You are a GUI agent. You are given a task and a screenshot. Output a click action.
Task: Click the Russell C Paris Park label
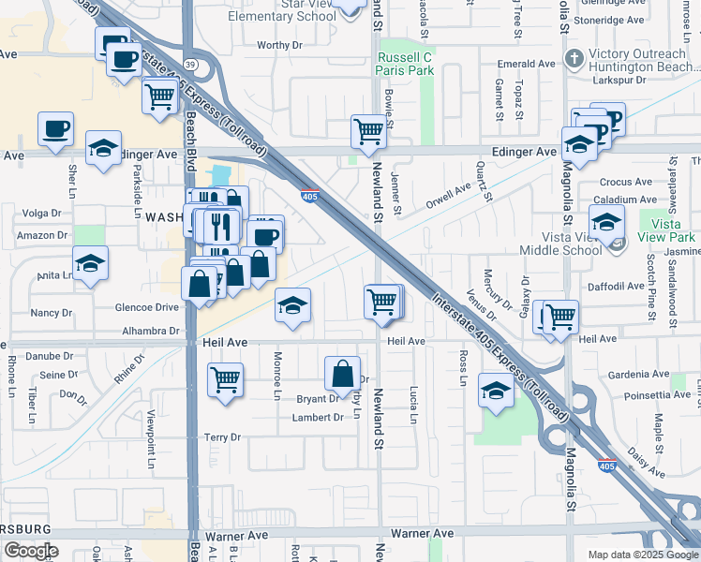406,64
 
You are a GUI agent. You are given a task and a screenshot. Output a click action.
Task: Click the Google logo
31,551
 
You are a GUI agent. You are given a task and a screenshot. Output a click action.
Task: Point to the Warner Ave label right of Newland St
422,533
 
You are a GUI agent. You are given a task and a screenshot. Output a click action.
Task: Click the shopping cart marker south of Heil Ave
226,380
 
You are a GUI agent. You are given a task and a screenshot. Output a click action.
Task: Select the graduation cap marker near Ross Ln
496,389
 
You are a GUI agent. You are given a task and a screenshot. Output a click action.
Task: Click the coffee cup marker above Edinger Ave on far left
56,128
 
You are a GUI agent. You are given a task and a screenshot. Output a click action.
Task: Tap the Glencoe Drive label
145,307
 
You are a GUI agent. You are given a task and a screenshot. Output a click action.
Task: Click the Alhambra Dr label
150,332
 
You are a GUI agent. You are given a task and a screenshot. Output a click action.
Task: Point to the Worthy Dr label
280,45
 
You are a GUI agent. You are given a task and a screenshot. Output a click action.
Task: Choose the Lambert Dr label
320,418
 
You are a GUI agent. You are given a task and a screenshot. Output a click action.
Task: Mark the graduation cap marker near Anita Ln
90,263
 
